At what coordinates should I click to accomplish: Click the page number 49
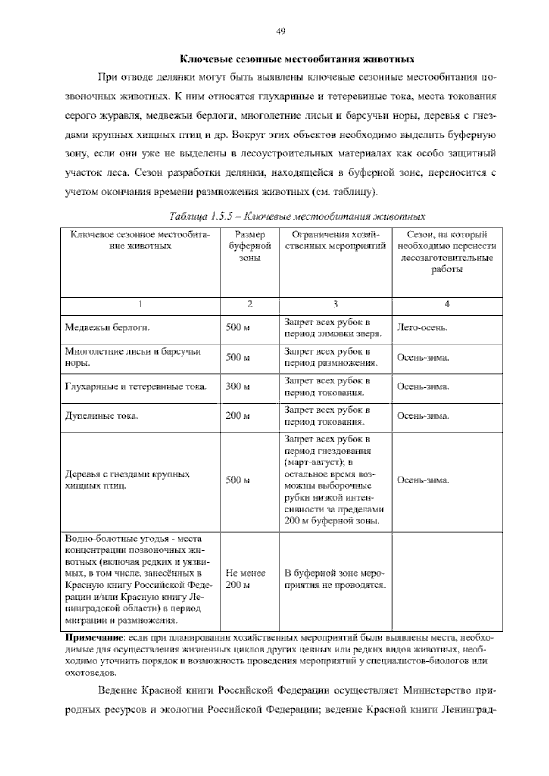[x=281, y=32]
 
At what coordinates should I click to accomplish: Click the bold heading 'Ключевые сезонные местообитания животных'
[x=296, y=59]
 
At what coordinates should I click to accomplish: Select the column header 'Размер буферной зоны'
[x=250, y=246]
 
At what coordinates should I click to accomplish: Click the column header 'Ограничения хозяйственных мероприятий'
[x=335, y=241]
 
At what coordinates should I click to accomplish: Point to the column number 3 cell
[x=335, y=304]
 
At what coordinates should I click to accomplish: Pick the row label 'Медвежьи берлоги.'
[x=108, y=328]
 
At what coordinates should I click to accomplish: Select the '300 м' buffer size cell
[x=238, y=387]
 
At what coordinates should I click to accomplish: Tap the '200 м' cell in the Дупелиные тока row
[x=238, y=416]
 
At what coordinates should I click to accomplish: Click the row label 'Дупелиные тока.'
[x=102, y=416]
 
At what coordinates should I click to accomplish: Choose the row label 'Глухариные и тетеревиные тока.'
[x=136, y=387]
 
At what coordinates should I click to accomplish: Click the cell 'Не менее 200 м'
[x=246, y=579]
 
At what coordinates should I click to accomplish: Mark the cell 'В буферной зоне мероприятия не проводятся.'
[x=335, y=579]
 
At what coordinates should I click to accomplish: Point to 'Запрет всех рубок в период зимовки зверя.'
[x=333, y=328]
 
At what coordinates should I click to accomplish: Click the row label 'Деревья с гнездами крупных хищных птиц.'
[x=127, y=480]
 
